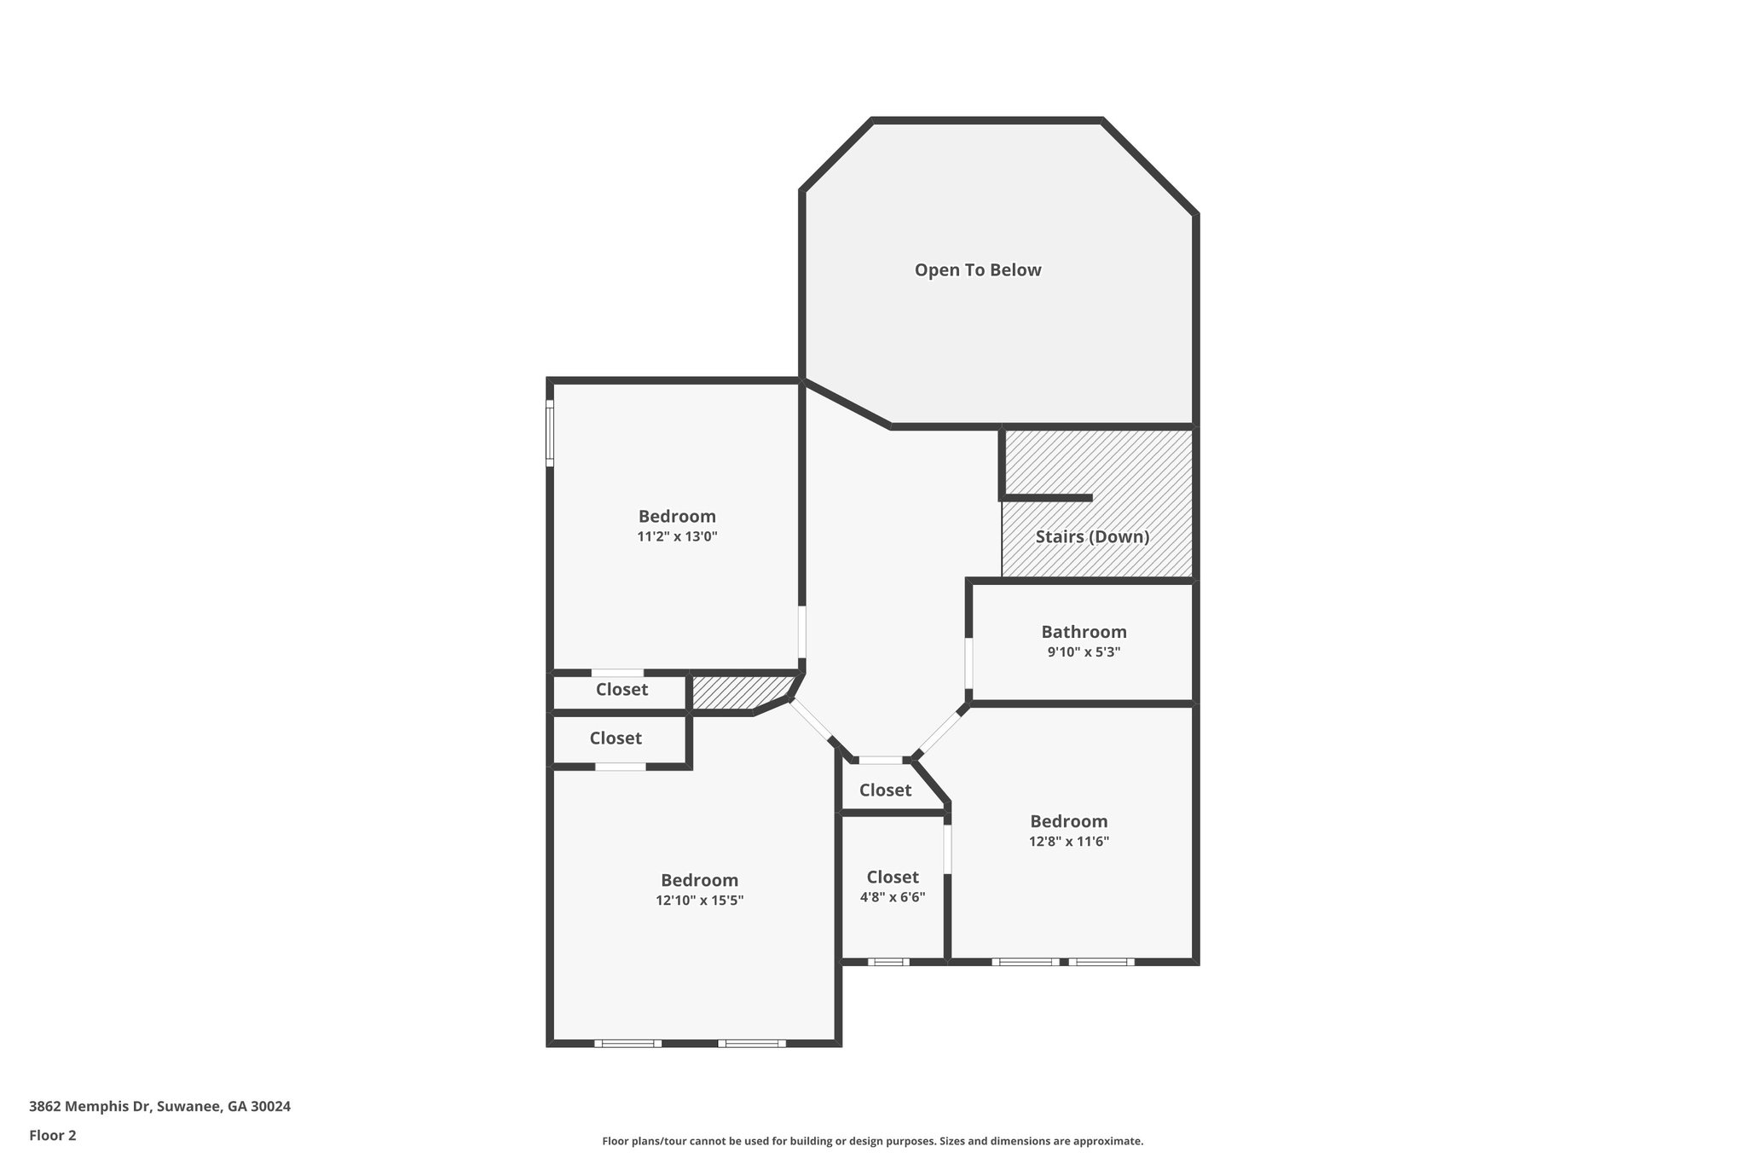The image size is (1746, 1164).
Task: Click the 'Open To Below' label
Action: click(978, 270)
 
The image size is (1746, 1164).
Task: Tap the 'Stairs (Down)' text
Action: click(1092, 537)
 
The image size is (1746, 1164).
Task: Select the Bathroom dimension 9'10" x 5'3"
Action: click(1084, 652)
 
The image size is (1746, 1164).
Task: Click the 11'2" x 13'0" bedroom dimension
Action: click(677, 537)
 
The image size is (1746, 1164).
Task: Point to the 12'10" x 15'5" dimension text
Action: click(699, 901)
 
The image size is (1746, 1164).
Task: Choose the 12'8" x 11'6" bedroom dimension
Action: click(1068, 842)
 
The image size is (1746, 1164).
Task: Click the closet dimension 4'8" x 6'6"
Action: click(892, 897)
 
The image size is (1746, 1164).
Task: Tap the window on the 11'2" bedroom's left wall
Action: click(550, 433)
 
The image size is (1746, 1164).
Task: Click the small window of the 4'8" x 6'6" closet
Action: click(888, 962)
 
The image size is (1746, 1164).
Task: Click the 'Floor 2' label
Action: click(53, 1135)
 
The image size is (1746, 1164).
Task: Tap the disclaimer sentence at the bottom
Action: click(872, 1141)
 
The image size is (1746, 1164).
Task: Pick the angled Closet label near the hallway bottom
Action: click(885, 790)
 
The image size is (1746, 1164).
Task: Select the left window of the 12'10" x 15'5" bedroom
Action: click(627, 1044)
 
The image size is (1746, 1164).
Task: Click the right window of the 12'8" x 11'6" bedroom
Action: click(1101, 962)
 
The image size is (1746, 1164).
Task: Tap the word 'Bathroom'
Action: click(1084, 632)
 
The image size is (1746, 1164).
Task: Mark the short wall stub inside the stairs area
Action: click(1049, 497)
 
